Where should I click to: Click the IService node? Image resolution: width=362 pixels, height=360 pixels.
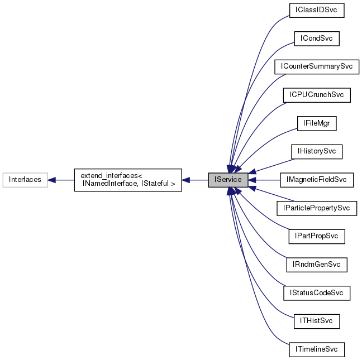click(x=228, y=180)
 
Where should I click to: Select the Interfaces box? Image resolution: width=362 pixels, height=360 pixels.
click(x=25, y=180)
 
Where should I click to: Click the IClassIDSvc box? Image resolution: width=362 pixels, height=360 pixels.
click(x=317, y=10)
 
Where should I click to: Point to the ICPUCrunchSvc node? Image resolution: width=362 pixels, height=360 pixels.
click(x=317, y=95)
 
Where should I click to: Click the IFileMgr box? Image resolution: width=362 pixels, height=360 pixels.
click(x=317, y=123)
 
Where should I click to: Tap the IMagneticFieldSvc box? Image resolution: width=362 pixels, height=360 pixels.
click(x=317, y=180)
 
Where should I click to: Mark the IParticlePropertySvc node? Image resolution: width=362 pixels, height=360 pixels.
click(x=317, y=208)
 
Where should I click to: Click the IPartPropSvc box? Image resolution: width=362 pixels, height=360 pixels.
click(x=317, y=237)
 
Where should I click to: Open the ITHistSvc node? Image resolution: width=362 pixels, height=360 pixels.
click(x=317, y=321)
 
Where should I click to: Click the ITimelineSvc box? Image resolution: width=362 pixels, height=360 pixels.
click(x=317, y=350)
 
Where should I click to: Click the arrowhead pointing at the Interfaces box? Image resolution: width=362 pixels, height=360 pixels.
click(x=52, y=180)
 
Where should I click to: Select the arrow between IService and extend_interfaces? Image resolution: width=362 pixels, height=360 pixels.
click(x=196, y=180)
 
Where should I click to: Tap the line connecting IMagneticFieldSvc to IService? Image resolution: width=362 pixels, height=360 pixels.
click(x=265, y=180)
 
